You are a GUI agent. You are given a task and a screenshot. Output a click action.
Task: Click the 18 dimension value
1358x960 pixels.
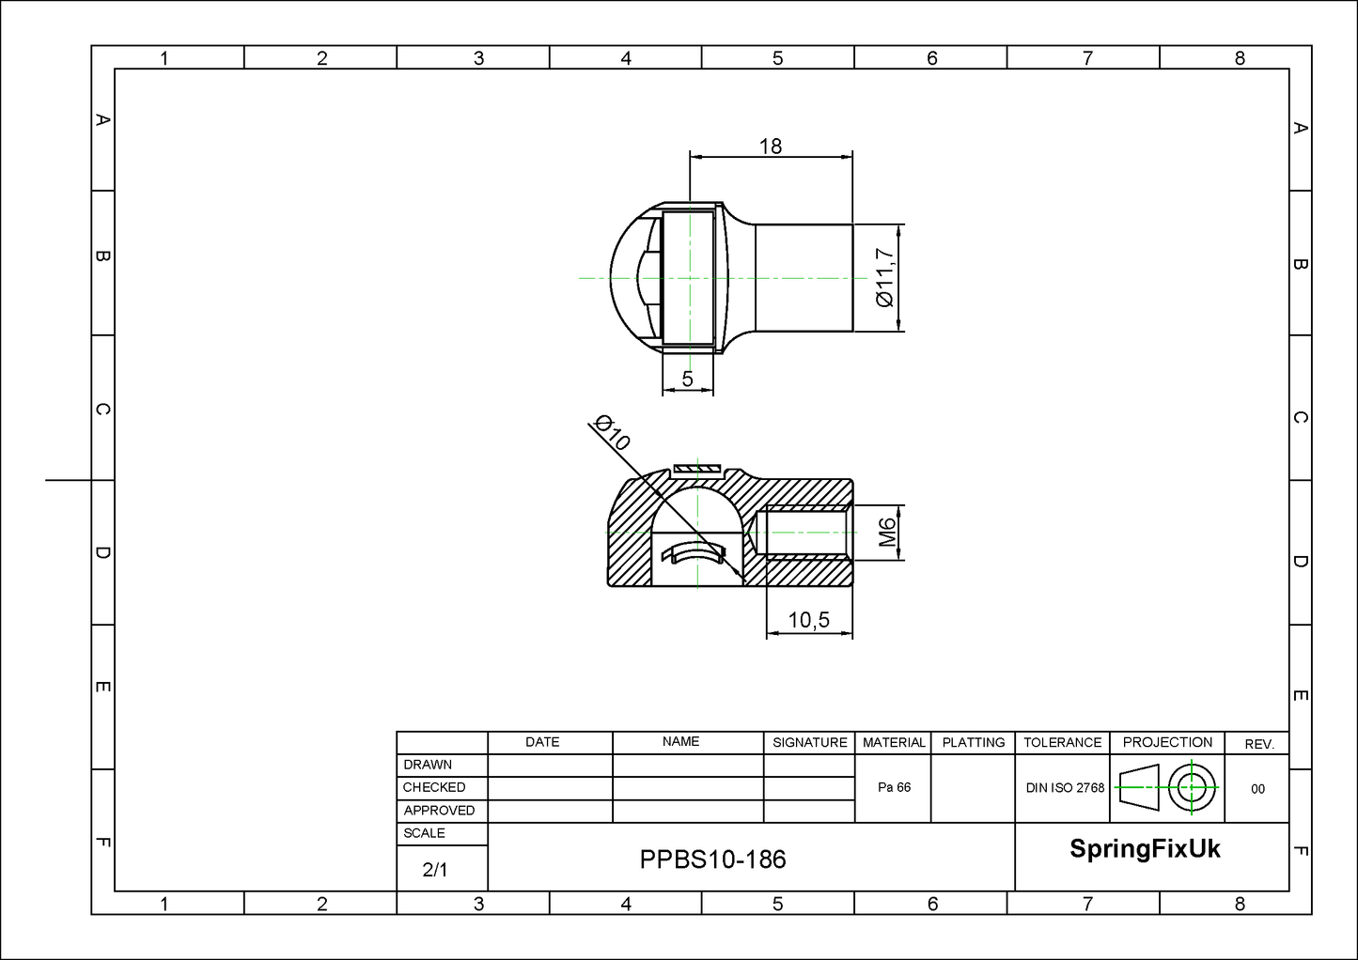pos(771,146)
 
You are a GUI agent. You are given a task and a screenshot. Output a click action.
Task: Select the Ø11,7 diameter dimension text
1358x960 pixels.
pos(885,278)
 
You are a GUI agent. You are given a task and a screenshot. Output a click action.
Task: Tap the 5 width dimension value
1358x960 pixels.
pos(687,379)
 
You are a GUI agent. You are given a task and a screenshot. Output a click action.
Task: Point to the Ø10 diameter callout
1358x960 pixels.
pos(612,432)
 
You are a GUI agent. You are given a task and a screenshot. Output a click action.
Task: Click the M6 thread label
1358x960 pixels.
pos(887,532)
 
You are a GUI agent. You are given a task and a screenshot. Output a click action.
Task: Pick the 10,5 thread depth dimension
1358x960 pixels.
pos(809,620)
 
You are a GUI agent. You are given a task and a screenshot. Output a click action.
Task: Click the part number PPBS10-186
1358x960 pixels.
pos(713,859)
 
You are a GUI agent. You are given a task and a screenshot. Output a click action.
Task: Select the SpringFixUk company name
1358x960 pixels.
pos(1145,848)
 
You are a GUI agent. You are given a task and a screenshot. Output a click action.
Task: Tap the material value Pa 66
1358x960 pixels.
pos(895,787)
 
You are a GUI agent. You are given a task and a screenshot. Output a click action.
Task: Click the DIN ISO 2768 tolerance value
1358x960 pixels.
pos(1065,788)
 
